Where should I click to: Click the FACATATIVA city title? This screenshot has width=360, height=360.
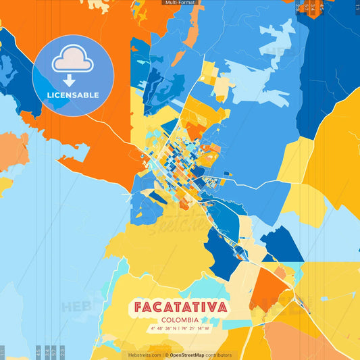click(x=180, y=307)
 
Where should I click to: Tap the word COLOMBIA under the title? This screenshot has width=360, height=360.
click(x=180, y=319)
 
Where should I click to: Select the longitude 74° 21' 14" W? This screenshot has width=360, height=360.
click(x=197, y=328)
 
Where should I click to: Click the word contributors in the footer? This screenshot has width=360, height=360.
click(x=219, y=355)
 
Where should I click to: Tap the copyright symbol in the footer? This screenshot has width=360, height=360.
click(x=166, y=355)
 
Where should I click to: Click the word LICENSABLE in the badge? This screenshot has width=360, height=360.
click(x=74, y=95)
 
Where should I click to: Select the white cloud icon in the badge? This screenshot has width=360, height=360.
click(x=74, y=59)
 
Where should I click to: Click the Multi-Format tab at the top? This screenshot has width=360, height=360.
click(x=180, y=3)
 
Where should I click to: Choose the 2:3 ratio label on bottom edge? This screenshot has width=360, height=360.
click(x=62, y=352)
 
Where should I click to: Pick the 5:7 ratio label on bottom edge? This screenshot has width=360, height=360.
click(x=54, y=352)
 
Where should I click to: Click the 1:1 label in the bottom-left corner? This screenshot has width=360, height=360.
click(x=3, y=352)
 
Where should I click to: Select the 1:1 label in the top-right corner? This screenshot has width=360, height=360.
click(x=357, y=7)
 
